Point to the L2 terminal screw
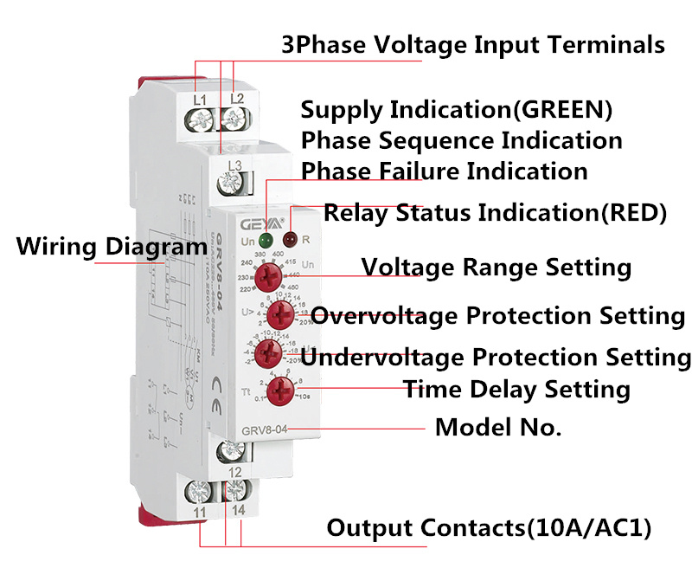234,117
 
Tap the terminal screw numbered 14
234,491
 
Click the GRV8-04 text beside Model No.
265,429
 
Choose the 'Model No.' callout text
497,427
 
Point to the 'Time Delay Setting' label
516,390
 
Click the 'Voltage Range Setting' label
496,267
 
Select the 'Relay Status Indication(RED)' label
495,212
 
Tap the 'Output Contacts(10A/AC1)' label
488,527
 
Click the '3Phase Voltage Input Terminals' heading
473,45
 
